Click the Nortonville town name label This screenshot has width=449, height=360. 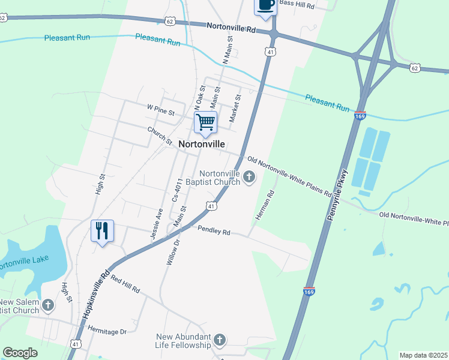pos(202,145)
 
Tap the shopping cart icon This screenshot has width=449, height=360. pos(205,122)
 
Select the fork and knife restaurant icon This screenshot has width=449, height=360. pos(101,230)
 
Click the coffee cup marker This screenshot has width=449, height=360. pos(266,5)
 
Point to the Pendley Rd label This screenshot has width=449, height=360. pos(214,230)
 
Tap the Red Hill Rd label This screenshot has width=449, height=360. pos(125,285)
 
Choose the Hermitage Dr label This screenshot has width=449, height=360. pos(107,331)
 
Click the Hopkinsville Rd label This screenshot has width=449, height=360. pos(99,288)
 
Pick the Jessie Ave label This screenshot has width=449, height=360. pos(157,224)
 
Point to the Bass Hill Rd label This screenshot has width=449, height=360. pos(297,4)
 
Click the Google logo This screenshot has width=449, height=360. pos(20,353)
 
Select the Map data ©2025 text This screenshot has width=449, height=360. pos(423,355)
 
